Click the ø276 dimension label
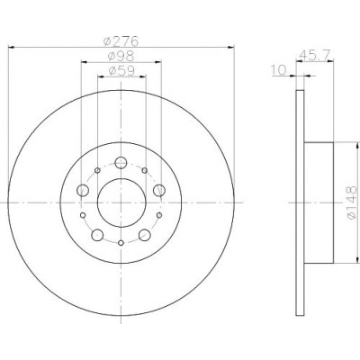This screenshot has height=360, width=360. click(121, 41)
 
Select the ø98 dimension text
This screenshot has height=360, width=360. click(121, 56)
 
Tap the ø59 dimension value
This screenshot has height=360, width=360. click(121, 71)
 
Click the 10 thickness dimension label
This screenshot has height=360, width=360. click(280, 70)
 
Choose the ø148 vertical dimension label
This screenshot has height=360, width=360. click(353, 202)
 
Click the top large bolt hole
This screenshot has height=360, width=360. click(121, 163)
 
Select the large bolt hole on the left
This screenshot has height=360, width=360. click(83, 190)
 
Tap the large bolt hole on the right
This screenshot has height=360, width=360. click(159, 190)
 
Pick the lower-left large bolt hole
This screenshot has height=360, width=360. click(97, 235)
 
